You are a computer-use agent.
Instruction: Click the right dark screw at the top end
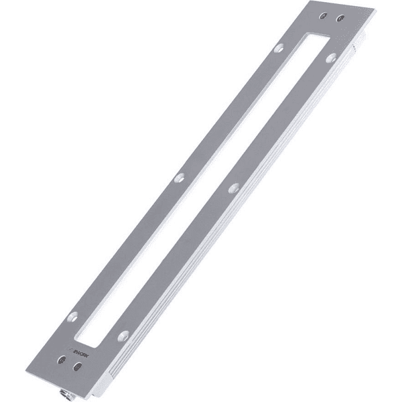(x=340, y=16)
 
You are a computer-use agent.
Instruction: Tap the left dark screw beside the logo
(x=62, y=360)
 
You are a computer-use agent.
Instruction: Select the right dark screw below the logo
(x=78, y=366)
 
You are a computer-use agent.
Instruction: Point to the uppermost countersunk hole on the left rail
(x=279, y=48)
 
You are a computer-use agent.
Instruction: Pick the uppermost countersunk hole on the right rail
(x=330, y=58)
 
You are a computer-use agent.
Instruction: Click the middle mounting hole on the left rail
(x=179, y=178)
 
